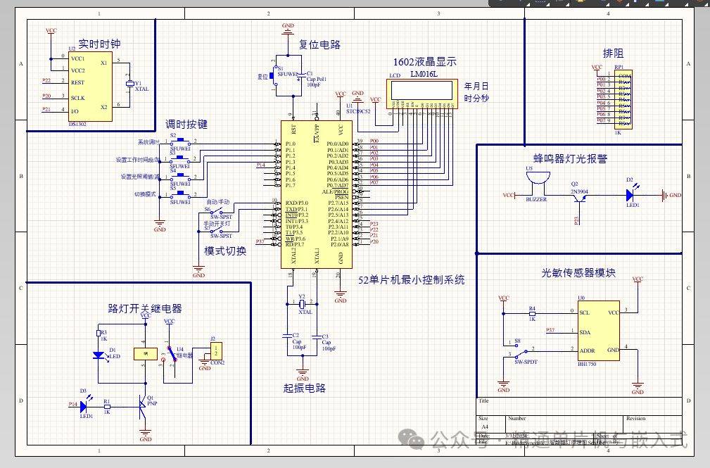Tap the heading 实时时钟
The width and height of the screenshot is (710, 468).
[99, 43]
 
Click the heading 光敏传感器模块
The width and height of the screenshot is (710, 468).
[578, 272]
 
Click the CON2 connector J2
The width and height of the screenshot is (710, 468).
[217, 349]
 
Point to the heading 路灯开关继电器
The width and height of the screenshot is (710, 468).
[145, 308]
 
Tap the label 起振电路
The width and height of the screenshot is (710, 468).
[304, 388]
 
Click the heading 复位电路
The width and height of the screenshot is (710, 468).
[319, 44]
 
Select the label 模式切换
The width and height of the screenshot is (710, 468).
[225, 251]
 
